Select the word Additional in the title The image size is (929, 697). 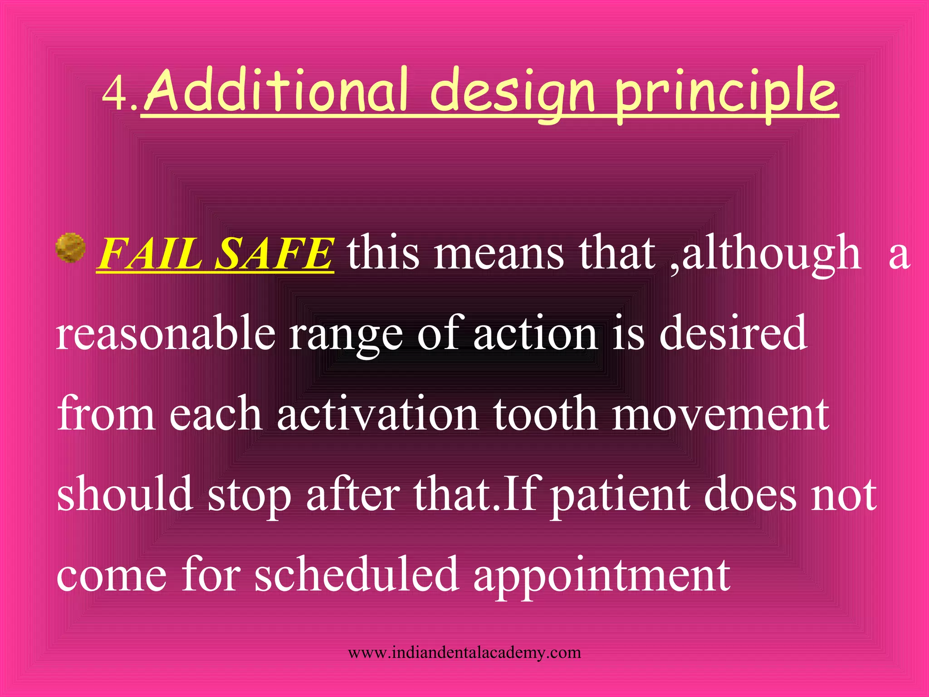(x=274, y=91)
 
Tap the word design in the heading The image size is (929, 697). (x=512, y=93)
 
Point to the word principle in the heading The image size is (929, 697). (x=726, y=93)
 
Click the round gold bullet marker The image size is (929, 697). (x=70, y=249)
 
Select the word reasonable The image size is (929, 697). (x=166, y=334)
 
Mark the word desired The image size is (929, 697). (x=733, y=334)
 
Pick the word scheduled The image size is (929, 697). (x=356, y=574)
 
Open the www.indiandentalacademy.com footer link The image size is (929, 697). (x=464, y=653)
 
